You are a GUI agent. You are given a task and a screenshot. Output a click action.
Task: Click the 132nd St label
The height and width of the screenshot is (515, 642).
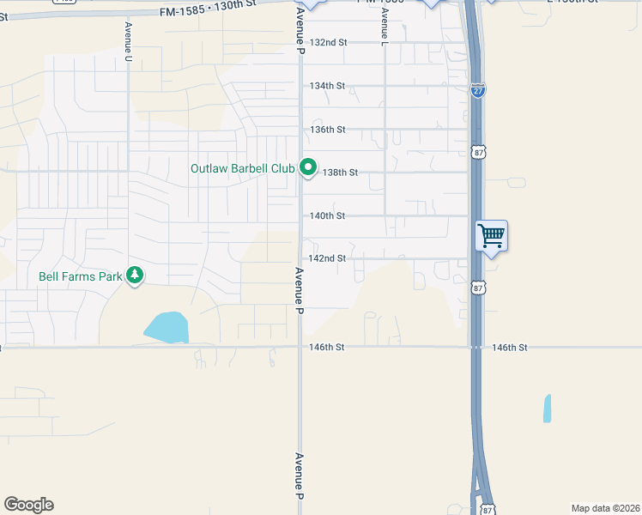328,42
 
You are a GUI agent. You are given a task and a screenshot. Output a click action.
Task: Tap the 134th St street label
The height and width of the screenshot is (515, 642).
327,86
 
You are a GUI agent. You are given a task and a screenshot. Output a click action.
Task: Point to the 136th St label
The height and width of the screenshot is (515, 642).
327,129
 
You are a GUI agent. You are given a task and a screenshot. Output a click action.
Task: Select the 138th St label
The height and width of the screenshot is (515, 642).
339,173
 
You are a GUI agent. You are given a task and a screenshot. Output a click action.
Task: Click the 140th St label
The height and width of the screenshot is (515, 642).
327,215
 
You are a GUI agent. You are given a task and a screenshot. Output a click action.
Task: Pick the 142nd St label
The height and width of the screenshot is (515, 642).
327,258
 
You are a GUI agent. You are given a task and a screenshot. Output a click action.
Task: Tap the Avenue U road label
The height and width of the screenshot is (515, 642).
129,41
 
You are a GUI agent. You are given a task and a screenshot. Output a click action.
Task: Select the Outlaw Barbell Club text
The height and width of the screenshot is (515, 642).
242,168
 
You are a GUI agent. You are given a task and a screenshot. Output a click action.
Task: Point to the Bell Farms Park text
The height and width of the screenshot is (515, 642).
82,276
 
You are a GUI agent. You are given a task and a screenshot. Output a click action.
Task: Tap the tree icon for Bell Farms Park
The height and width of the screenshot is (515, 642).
134,275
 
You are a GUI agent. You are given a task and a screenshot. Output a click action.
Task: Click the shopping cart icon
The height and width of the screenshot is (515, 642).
491,234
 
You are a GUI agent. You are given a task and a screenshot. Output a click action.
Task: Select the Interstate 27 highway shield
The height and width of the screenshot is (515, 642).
477,91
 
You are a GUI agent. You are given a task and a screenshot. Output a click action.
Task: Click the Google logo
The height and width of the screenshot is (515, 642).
28,505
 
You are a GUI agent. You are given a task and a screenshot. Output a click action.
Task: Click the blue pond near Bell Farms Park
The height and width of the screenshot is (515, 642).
167,327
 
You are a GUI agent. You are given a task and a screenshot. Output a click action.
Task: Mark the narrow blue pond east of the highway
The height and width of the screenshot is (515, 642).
547,408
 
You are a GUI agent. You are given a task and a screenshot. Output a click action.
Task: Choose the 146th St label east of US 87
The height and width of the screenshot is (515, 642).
510,348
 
